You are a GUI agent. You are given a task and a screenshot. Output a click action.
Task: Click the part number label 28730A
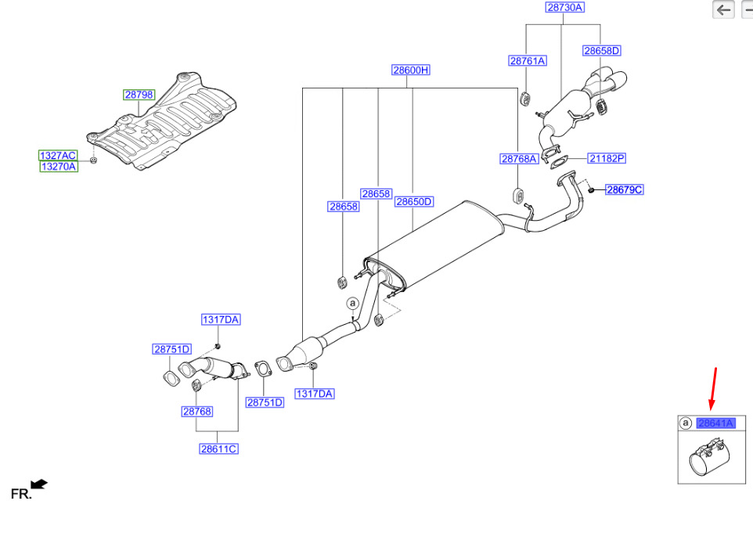point(565,7)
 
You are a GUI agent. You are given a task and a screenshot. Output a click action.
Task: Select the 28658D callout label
point(601,50)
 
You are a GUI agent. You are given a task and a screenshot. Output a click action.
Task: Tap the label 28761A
point(528,60)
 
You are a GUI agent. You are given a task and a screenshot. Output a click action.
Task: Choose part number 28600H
point(411,70)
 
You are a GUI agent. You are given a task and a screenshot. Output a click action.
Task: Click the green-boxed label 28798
point(139,95)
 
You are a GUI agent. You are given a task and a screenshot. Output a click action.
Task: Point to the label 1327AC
point(58,155)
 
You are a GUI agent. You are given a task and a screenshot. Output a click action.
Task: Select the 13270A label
point(59,167)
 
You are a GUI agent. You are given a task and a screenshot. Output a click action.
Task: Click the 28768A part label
point(519,158)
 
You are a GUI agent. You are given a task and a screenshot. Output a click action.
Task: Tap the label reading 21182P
point(607,158)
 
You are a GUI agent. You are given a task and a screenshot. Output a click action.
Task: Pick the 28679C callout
point(625,189)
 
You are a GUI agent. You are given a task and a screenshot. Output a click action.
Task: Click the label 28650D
point(414,202)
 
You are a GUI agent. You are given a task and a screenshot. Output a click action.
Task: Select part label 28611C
point(218,449)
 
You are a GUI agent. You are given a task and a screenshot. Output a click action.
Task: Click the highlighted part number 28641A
point(716,423)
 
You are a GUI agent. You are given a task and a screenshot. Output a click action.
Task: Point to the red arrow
point(713,389)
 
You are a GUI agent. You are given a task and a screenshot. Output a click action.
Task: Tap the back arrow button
point(723,9)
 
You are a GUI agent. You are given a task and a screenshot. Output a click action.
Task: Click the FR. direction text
point(21,494)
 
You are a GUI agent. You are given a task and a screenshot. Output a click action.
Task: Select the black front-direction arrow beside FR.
point(39,484)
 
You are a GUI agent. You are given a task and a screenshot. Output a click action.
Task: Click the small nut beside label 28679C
point(592,190)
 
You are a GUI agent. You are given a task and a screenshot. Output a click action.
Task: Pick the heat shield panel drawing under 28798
point(162,121)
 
